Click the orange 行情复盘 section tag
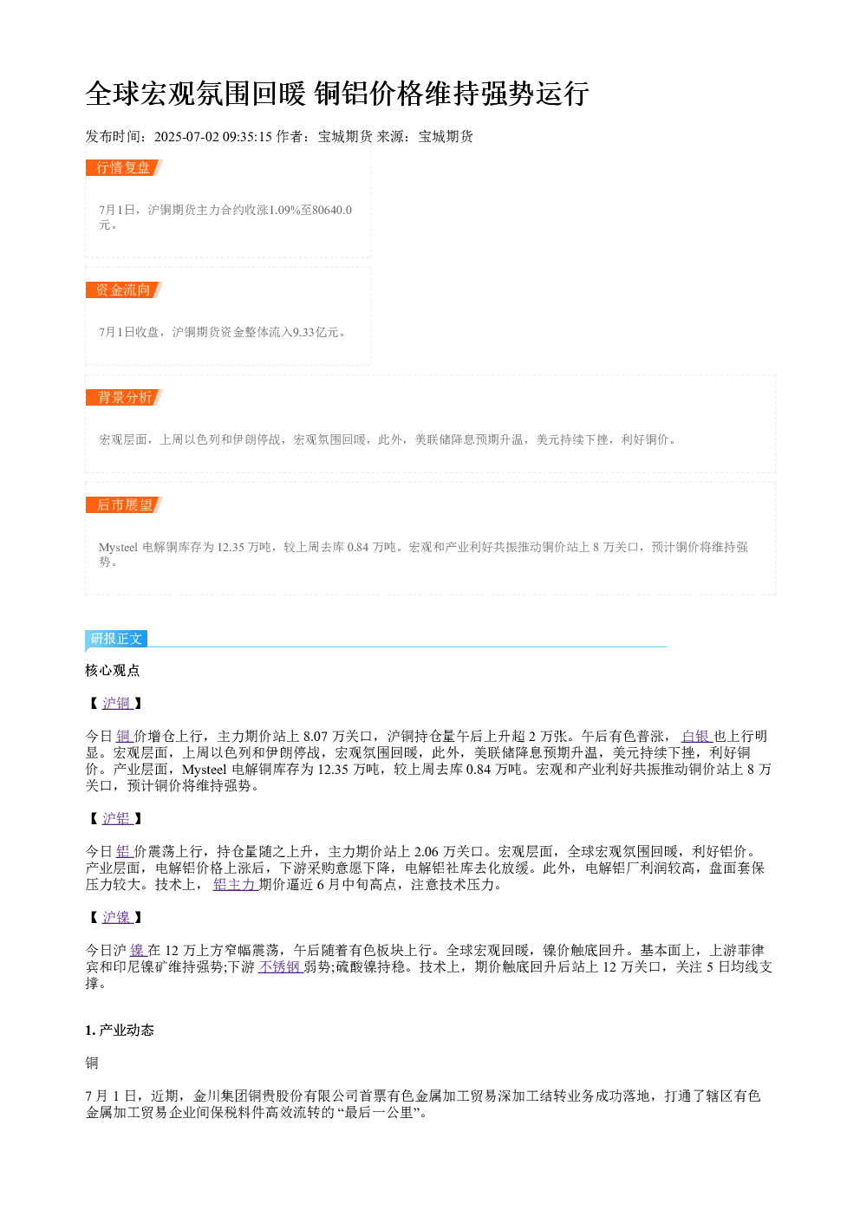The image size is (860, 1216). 124,168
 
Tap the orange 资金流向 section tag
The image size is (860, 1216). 124,289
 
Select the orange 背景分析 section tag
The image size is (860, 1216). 124,397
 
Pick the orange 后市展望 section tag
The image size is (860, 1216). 124,504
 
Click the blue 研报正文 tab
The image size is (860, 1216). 116,639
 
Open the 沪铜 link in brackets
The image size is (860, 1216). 117,704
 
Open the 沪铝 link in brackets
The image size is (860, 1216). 117,819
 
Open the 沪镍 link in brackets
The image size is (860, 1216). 117,918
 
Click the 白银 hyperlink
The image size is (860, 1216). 696,737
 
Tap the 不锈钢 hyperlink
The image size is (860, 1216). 280,967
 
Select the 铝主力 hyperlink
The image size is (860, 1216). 235,885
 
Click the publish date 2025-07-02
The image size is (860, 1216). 186,137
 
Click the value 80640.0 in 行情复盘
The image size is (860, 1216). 331,210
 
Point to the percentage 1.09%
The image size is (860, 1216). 284,210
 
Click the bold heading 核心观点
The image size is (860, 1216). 113,671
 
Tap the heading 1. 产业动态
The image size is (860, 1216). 120,1031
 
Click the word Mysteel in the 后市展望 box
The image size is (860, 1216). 118,547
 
